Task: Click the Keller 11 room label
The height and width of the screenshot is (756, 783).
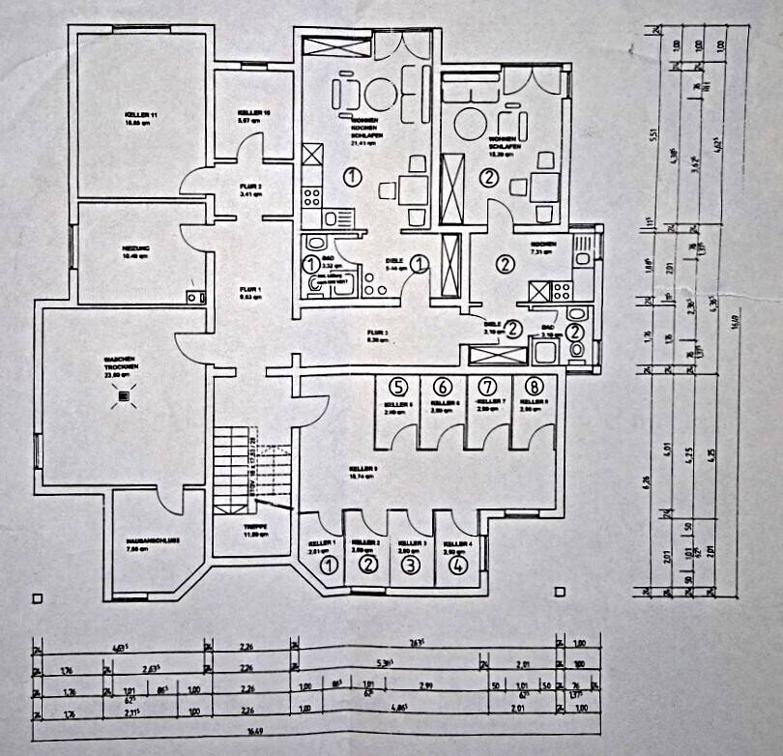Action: (141, 115)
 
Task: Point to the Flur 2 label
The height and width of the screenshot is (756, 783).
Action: (251, 189)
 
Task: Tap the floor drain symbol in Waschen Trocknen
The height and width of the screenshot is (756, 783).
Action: (123, 396)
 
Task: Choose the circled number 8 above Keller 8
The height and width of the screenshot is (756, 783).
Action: (534, 387)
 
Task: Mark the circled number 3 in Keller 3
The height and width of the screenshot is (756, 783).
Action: (412, 566)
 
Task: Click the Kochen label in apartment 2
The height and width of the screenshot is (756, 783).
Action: (539, 247)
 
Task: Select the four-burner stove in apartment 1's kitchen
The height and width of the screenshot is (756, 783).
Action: (312, 196)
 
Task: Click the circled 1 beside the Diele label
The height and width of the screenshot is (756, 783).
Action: (420, 262)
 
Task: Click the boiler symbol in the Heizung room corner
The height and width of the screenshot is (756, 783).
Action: (193, 297)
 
